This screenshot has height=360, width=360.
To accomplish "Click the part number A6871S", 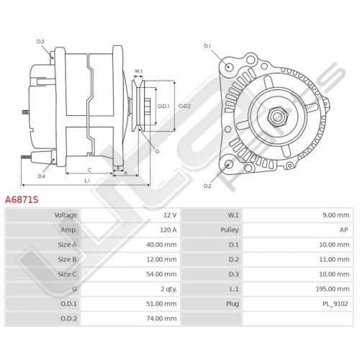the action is (x=22, y=199).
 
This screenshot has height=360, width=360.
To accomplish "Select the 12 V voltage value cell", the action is (x=170, y=215).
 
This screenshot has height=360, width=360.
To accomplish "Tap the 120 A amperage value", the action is (x=168, y=230).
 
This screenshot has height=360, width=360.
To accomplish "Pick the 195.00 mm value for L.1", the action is (x=333, y=289).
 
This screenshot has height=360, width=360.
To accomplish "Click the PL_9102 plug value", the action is (x=335, y=304).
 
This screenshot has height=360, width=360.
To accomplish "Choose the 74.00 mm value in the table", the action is (x=161, y=318).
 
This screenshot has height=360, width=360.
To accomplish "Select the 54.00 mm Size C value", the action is (x=161, y=274).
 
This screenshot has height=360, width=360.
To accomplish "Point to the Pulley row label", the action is (x=230, y=230).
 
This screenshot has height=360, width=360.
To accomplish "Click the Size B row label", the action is (x=67, y=259).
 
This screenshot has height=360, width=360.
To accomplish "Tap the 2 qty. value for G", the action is (x=168, y=289).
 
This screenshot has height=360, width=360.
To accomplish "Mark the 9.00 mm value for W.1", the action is (x=336, y=215).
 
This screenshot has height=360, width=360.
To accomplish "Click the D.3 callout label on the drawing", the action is (x=40, y=42).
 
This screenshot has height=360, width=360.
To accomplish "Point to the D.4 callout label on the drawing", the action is (x=42, y=176).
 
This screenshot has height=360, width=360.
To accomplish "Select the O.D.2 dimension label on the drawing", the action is (x=184, y=106).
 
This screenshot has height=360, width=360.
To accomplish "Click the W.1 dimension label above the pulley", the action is (x=138, y=71).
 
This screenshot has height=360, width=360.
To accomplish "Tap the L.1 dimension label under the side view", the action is (x=87, y=181).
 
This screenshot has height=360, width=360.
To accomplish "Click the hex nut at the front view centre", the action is (x=278, y=117).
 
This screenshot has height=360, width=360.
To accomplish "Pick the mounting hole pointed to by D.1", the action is (x=230, y=67).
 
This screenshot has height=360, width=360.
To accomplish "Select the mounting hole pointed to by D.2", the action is (x=229, y=165).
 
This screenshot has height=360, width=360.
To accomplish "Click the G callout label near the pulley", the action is (x=157, y=151).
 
